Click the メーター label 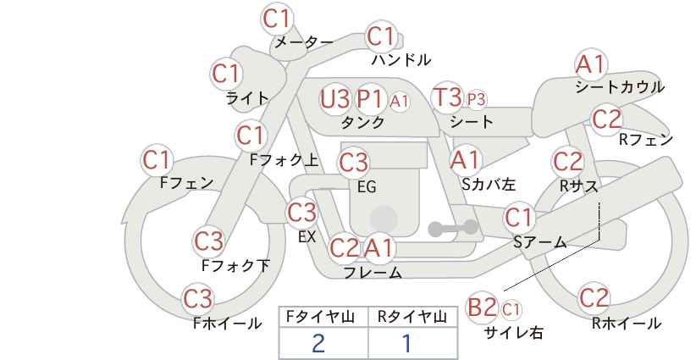coord(304,42)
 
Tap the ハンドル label coord(401,59)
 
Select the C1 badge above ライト coord(227,75)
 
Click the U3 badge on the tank coord(335,98)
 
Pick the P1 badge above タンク coord(370,98)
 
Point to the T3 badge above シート coord(447,97)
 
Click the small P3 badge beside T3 coord(476,100)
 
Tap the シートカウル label coord(620,87)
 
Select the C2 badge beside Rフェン coord(607,119)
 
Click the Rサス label coord(579,186)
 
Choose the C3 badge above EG coord(354,163)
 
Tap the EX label coord(307,236)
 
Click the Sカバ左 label coord(489,184)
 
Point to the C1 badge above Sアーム coord(519,218)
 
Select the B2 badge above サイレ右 coord(482,307)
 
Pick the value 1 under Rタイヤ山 coord(406,343)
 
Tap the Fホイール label coord(227,324)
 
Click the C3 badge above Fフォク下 coord(209,241)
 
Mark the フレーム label coord(373,272)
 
